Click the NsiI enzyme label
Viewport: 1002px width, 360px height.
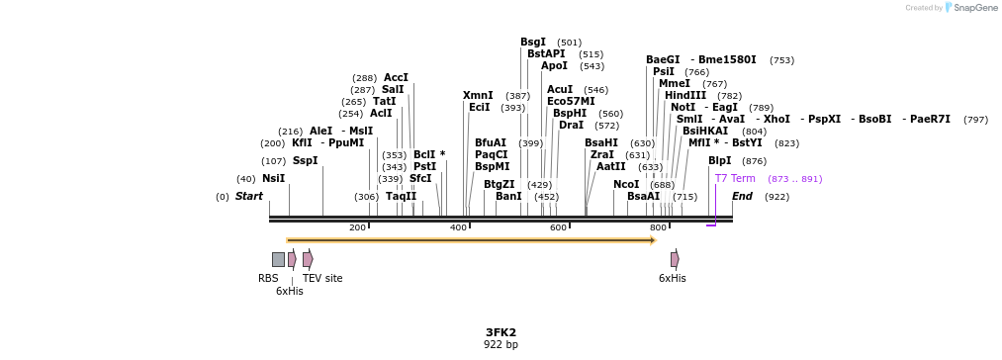(273, 179)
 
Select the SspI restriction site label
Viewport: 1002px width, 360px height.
(305, 161)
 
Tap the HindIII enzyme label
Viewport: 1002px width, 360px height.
(685, 96)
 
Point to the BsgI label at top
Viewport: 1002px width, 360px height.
(533, 43)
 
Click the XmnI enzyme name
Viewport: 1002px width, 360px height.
(478, 96)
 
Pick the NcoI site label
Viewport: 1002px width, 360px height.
(626, 185)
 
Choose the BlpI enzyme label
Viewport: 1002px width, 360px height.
(720, 161)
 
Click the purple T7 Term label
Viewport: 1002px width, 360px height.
(735, 179)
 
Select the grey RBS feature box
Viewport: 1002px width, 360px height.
(278, 259)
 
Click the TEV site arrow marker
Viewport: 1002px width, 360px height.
(308, 259)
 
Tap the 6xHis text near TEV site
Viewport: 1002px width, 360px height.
(290, 292)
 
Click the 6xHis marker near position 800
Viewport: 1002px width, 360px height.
(675, 259)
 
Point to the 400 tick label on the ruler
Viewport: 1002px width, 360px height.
(458, 228)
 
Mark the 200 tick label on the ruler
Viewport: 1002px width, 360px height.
(357, 228)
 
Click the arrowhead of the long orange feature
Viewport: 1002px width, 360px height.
(653, 240)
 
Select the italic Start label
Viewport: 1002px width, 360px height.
(249, 197)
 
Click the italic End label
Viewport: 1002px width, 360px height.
(742, 197)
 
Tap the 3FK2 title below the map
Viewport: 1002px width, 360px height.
(501, 332)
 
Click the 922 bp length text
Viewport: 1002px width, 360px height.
(501, 345)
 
